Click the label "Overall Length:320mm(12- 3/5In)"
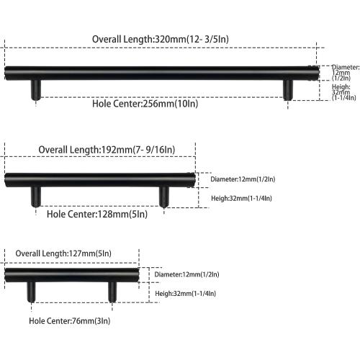pos(161,39)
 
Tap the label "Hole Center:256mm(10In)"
pos(145,104)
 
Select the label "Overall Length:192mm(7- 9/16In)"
pos(107,150)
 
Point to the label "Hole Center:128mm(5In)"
pos(97,214)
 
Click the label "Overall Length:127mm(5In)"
pos(63,253)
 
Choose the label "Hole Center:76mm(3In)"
pos(70,321)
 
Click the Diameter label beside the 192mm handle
pos(243,179)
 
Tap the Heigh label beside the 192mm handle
pos(241,198)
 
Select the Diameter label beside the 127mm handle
pos(186,274)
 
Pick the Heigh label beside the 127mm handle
pos(186,294)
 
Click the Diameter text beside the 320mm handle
pos(346,73)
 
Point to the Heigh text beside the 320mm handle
pos(343,92)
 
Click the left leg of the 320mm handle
pos(36,90)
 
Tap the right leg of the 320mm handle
pos(288,90)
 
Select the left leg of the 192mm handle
pos(36,197)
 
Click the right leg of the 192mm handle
pos(164,197)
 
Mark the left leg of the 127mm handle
pos(31,292)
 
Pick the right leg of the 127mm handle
pos(112,292)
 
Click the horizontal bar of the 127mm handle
pos(72,275)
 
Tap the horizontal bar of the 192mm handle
pos(100,180)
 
